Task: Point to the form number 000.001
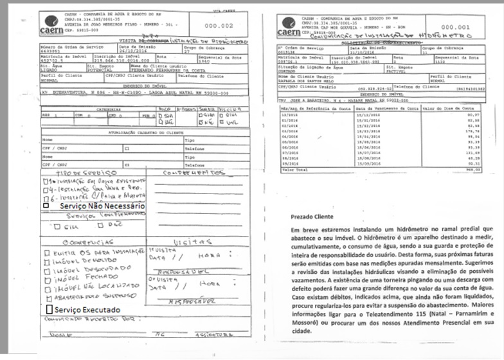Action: click(x=455, y=28)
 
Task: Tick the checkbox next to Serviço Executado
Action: click(x=49, y=309)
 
